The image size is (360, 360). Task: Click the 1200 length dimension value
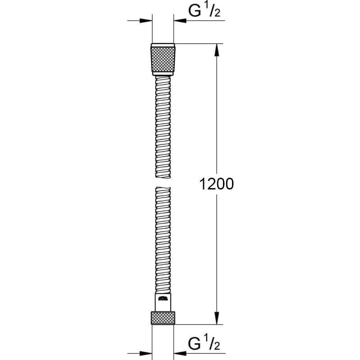coord(216,184)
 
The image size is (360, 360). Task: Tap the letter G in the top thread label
coord(195,11)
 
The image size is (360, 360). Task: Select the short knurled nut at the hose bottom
coord(163,318)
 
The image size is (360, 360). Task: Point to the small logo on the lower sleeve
coord(163,297)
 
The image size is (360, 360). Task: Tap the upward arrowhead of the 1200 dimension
coord(217,49)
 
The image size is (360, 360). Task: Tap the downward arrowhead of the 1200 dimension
coord(217,318)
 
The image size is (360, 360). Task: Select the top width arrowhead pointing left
coord(180,21)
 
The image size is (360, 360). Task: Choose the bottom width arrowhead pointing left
coord(180,352)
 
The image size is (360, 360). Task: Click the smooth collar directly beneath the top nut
coord(163,73)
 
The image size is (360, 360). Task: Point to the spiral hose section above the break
coord(163,126)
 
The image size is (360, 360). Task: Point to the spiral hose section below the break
coord(163,238)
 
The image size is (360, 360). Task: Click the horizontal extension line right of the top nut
coord(198,44)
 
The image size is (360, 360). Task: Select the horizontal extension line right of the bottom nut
coord(198,324)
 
